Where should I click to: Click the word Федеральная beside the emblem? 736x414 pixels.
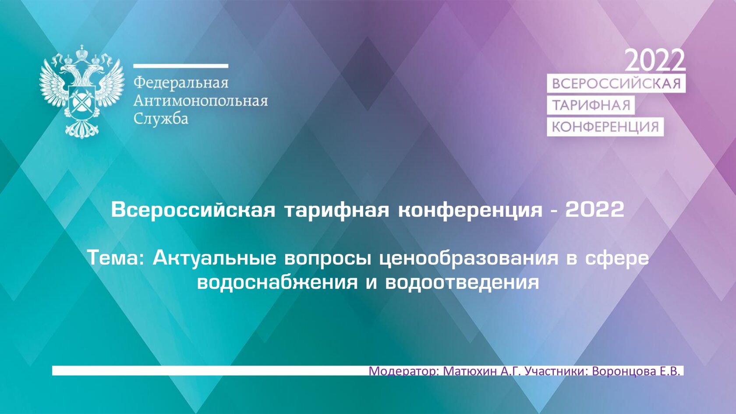coord(181,82)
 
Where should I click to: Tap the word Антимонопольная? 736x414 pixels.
coord(200,101)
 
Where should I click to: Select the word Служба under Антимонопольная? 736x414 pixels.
coord(161,119)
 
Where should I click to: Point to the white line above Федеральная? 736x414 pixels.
coord(180,66)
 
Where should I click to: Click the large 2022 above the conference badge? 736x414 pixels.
coord(655,60)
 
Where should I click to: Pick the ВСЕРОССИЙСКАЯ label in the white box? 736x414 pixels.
coord(616,84)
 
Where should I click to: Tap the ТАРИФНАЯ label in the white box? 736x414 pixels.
coord(591,105)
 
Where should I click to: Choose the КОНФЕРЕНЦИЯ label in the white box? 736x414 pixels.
coord(605,127)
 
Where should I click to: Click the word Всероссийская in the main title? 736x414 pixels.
coord(193,209)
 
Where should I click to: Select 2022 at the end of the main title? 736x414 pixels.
coord(594,209)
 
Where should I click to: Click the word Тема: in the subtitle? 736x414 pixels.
coord(116,258)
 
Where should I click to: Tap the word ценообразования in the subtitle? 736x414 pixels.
coord(468,258)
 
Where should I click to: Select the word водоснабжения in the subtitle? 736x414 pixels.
coord(277,282)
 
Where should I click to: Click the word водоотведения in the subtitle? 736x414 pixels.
coord(462,282)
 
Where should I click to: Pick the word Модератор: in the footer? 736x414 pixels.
coord(403,371)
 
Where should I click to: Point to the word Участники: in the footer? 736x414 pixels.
coord(556,371)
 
